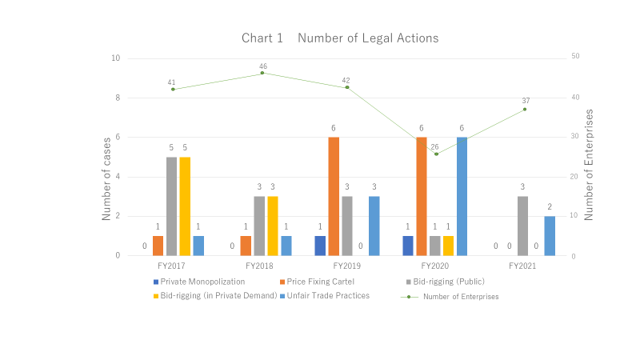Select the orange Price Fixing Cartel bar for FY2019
[x=333, y=196]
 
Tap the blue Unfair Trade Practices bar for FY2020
[x=462, y=196]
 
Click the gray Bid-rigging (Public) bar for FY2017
[x=171, y=206]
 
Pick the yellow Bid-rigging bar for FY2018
[x=272, y=226]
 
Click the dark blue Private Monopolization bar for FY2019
[x=320, y=246]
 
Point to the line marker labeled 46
[x=262, y=74]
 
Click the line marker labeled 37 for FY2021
[x=525, y=109]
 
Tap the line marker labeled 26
[x=436, y=154]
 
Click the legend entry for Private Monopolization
[x=198, y=282]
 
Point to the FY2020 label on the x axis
[x=436, y=265]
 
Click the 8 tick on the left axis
[x=117, y=98]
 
